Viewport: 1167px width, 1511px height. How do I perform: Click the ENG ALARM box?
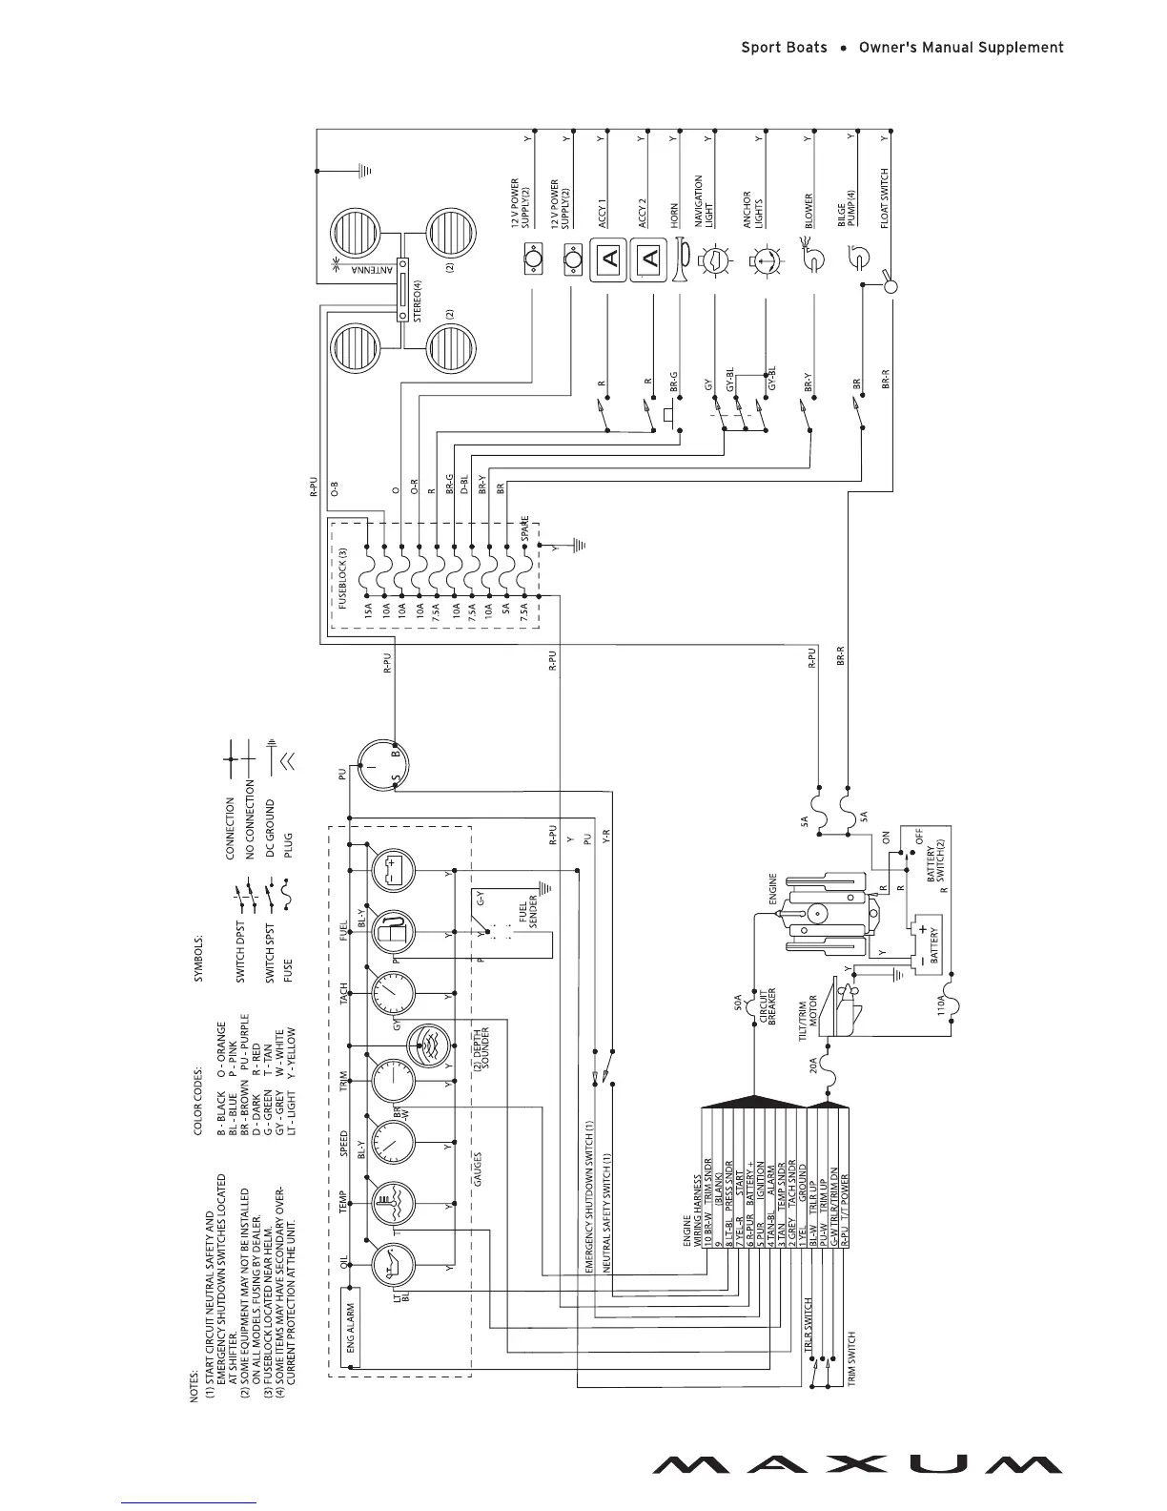click(x=351, y=1328)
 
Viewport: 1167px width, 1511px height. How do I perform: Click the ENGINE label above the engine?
click(x=772, y=890)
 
